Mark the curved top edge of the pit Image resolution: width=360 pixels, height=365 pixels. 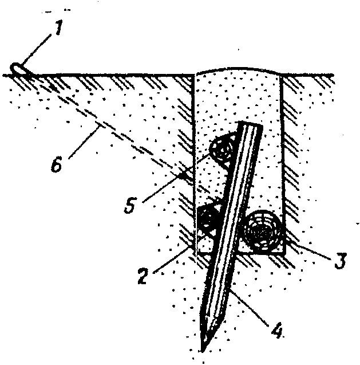tap(240, 69)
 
